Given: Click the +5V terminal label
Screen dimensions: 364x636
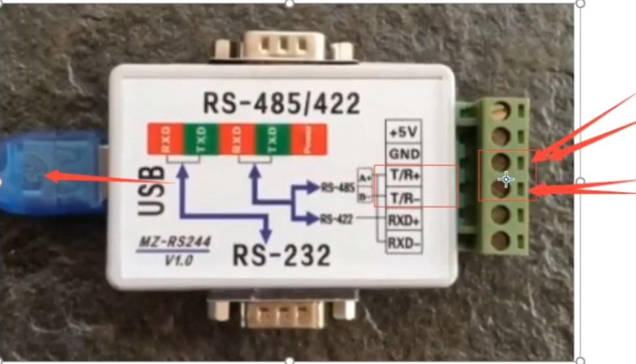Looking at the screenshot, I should (403, 132).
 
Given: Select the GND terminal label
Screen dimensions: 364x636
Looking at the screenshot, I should (403, 154).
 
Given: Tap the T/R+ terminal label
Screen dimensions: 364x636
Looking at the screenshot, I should (403, 176).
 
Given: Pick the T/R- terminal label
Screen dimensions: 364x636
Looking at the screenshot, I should (403, 197).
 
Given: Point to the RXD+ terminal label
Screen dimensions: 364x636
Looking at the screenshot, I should (403, 220).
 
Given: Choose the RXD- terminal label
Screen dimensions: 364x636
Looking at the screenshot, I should (403, 242).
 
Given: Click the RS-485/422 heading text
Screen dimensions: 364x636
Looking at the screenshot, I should (281, 104).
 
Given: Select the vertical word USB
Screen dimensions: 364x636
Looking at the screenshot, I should (152, 192).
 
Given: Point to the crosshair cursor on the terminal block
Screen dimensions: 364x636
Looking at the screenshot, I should (505, 180).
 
